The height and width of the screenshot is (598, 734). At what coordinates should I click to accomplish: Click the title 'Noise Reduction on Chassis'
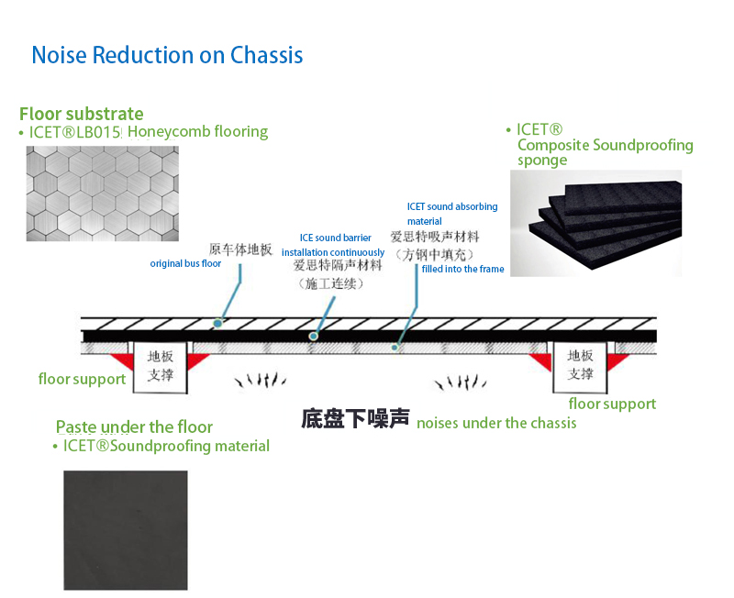(x=167, y=55)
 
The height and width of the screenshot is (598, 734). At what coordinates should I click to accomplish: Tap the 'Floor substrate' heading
(x=82, y=114)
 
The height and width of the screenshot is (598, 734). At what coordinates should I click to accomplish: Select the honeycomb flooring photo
(x=103, y=194)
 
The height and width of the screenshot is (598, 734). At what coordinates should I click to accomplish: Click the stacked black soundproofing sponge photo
(x=595, y=223)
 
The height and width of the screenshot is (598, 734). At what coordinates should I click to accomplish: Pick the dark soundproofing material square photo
(x=126, y=530)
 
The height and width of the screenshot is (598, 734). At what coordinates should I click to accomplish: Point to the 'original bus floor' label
(x=185, y=263)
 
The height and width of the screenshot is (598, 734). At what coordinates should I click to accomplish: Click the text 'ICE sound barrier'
(x=335, y=238)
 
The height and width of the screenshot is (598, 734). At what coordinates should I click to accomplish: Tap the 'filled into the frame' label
(x=463, y=269)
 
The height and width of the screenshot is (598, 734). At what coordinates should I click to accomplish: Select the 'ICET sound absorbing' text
(x=452, y=206)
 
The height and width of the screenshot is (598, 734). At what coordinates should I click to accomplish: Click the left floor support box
(x=161, y=367)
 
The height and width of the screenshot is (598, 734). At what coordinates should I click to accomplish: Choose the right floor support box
(x=580, y=366)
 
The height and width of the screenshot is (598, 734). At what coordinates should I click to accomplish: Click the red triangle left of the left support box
(x=123, y=360)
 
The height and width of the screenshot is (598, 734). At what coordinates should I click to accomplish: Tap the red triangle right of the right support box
(x=616, y=360)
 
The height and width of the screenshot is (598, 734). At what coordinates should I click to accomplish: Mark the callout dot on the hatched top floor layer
(x=217, y=324)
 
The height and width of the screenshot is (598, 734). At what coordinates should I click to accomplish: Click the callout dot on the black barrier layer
(x=313, y=336)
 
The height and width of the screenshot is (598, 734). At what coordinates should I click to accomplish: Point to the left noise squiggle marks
(x=261, y=380)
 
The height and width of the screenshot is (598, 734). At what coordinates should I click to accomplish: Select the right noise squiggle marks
(x=461, y=382)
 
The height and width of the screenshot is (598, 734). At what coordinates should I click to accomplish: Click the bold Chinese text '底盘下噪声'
(x=355, y=418)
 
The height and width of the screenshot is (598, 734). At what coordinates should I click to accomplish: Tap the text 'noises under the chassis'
(x=496, y=423)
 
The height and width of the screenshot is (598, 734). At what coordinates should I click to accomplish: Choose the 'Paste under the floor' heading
(x=134, y=426)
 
